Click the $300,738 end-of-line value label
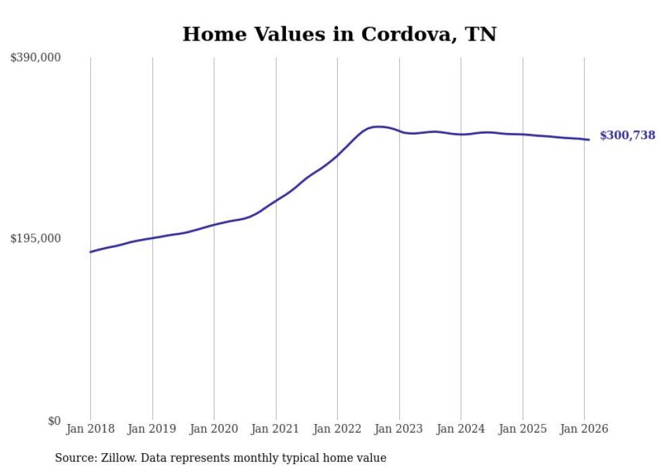tap(627, 136)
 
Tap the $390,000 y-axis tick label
tap(36, 58)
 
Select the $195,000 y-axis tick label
tap(36, 238)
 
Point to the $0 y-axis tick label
tap(54, 421)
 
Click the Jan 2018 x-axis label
tap(90, 429)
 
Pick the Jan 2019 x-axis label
tap(152, 429)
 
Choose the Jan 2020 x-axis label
tap(214, 429)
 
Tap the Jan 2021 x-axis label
tap(276, 429)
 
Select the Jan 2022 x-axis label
tap(337, 429)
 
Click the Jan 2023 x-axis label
tap(399, 429)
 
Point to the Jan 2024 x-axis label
tap(461, 429)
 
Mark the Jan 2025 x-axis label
tap(523, 429)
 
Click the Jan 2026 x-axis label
tap(584, 429)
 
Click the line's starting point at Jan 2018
tap(90, 252)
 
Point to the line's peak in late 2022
tap(378, 126)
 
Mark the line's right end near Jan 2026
tap(589, 140)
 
